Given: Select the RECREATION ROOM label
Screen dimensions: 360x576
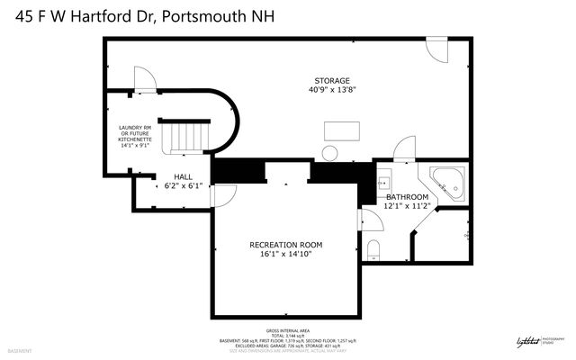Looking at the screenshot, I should [x=285, y=245].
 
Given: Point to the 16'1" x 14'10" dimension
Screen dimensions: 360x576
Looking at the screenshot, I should [x=285, y=255].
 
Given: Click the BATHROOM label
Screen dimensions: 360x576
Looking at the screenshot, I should [x=407, y=196].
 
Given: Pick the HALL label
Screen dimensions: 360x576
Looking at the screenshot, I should [x=171, y=176].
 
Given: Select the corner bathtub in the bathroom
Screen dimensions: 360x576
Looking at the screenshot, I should [x=447, y=182].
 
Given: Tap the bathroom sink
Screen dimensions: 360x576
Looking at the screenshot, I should [x=383, y=176].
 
